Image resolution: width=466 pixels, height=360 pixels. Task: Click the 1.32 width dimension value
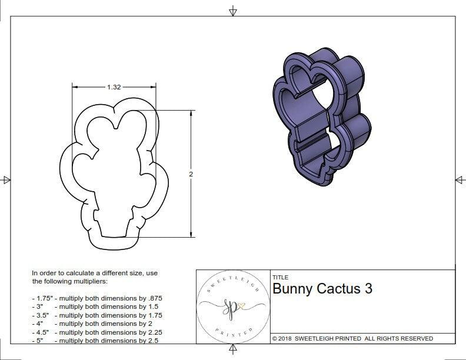(114, 87)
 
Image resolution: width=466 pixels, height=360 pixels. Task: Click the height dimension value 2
(191, 174)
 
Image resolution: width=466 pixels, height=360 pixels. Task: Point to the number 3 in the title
(368, 289)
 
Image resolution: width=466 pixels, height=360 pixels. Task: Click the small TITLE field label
(280, 278)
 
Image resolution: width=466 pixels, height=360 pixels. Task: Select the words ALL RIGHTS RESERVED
(399, 339)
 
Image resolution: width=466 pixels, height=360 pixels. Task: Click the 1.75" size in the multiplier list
(42, 298)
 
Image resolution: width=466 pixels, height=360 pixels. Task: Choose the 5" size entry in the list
(39, 341)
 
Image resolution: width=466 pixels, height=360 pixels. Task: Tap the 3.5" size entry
(41, 315)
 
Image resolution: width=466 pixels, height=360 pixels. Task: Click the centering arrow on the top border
(233, 11)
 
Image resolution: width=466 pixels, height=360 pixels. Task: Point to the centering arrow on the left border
(6, 180)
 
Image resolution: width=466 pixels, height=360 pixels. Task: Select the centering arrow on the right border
(459, 180)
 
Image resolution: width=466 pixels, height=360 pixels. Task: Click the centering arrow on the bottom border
(233, 351)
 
